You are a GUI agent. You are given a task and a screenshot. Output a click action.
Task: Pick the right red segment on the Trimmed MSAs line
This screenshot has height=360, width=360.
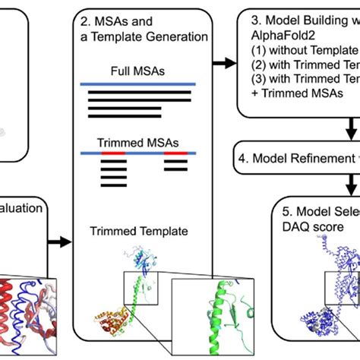tap(176, 153)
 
